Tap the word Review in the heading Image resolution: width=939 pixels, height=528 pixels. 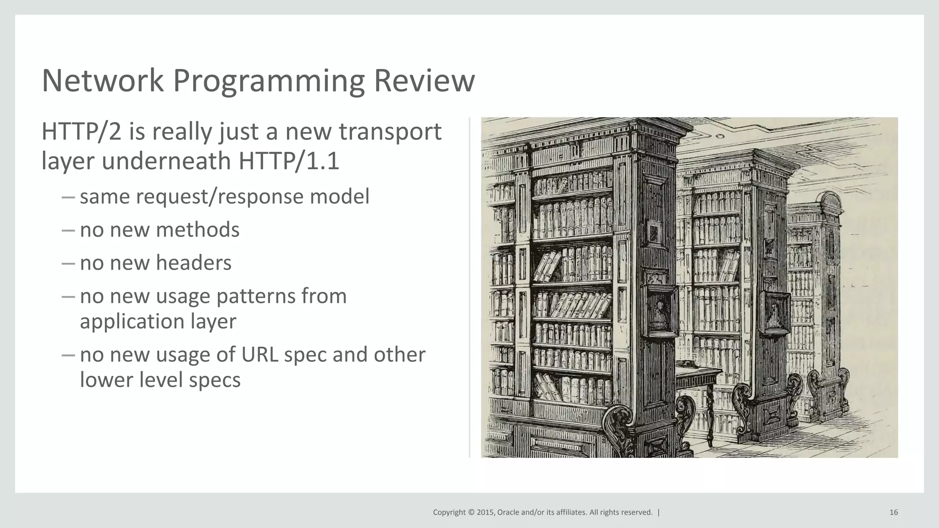coord(424,81)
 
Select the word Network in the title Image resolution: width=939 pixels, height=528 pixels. coord(102,81)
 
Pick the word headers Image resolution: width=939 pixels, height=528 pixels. coord(193,263)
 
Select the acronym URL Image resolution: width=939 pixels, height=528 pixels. coord(260,355)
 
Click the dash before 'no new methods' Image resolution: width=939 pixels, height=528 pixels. coord(67,230)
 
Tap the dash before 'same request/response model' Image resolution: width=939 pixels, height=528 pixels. coord(67,197)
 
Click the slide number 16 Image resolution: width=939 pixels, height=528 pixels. coord(894,512)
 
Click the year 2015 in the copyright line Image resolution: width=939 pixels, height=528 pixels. coord(485,512)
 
